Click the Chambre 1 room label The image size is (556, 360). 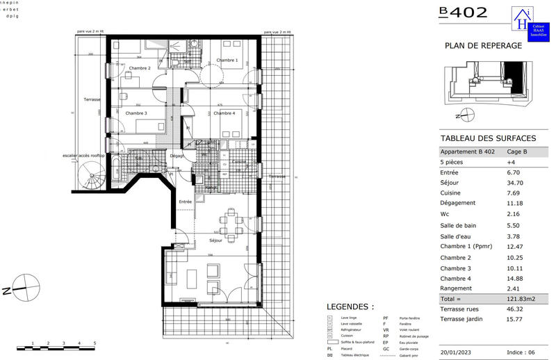pos(227,60)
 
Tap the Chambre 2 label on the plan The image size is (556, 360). pos(140,68)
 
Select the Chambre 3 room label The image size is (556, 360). pos(136,113)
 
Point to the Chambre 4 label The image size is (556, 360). pos(224,113)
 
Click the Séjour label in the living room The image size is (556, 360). pos(215,240)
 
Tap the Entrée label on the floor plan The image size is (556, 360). pos(186,202)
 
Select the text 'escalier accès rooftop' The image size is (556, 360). pos(83,156)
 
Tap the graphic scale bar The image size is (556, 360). pos(56,345)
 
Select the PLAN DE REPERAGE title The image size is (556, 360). pos(482,45)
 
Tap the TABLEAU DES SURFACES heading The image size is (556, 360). pos(488,138)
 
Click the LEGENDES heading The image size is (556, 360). pos(350,306)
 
